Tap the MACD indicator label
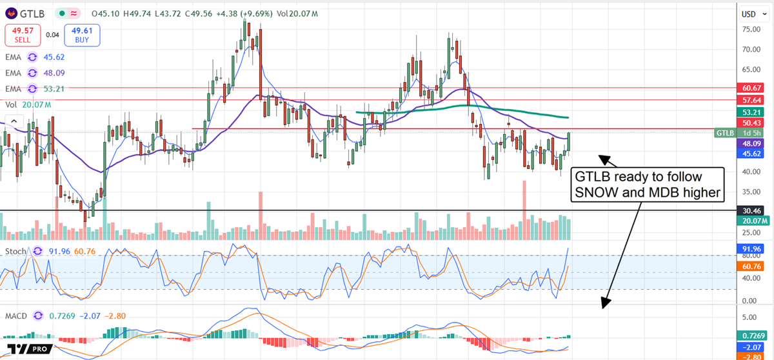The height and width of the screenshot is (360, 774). pos(16,316)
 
